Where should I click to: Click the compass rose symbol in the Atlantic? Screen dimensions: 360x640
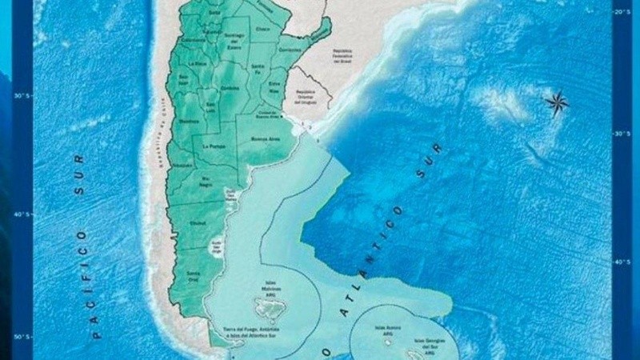tap(556, 102)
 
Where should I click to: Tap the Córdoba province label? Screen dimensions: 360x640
tap(230, 89)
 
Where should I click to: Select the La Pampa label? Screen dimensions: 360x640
tap(214, 147)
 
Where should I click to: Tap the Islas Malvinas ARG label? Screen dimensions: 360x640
tap(271, 286)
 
